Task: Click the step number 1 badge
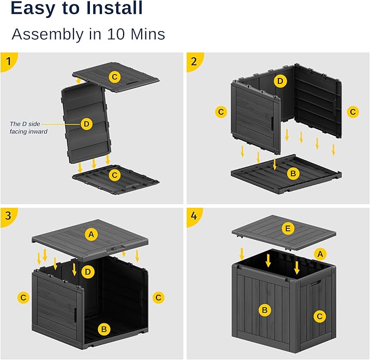coord(7,60)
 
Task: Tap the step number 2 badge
coord(193,60)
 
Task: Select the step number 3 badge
coord(7,215)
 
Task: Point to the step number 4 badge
coord(193,215)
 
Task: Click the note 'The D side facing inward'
coord(28,127)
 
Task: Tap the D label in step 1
coord(86,124)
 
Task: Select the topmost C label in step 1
coord(114,77)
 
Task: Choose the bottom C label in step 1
coord(114,175)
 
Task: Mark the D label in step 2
coord(280,81)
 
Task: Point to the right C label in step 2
coord(353,112)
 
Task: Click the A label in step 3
coord(92,234)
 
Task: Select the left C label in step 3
coord(23,297)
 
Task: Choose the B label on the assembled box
coord(264,310)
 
